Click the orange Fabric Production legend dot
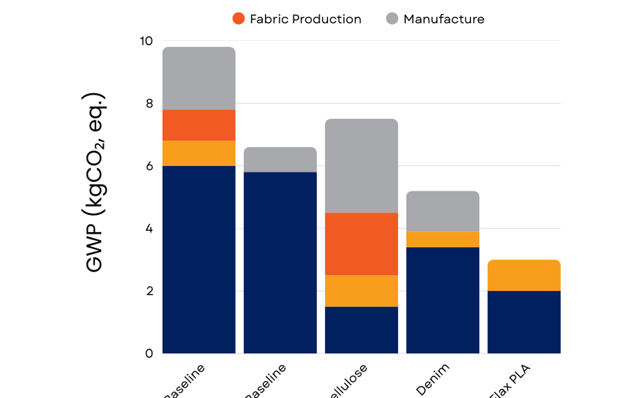tap(238, 19)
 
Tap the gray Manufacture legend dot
tap(392, 19)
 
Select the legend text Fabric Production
tap(305, 19)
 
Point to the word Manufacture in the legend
tap(444, 19)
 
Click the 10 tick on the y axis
tap(145, 41)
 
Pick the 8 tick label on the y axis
tap(148, 103)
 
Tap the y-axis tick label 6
tap(148, 166)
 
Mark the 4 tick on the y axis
tap(148, 229)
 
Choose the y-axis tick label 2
tap(148, 291)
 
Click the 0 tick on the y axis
tap(148, 353)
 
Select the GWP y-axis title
tap(95, 183)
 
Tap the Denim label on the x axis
tap(433, 379)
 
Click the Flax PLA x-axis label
tap(511, 382)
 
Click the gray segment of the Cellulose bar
tap(361, 166)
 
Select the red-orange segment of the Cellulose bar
tap(361, 244)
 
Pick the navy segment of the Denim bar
tap(443, 300)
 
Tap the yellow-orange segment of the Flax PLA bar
tap(524, 275)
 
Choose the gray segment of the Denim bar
tap(443, 211)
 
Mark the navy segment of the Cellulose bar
tap(361, 330)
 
